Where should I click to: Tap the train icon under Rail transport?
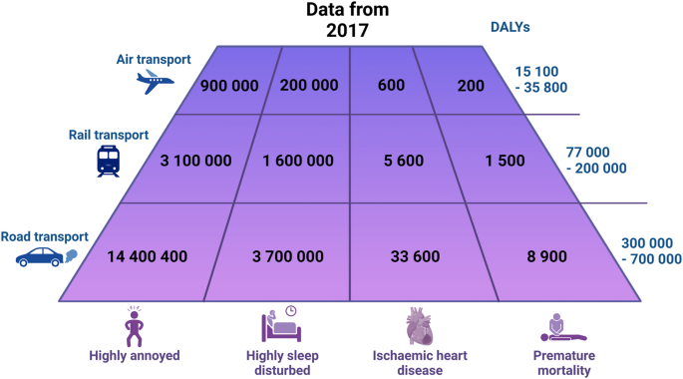(x=109, y=161)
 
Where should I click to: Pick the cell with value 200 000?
(x=309, y=85)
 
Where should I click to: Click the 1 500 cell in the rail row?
(x=482, y=161)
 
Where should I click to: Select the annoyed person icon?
(x=134, y=324)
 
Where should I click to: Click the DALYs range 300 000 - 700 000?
(x=645, y=250)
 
